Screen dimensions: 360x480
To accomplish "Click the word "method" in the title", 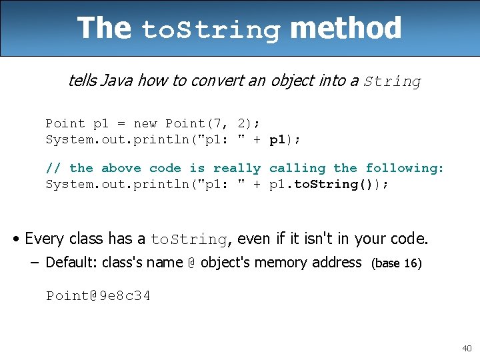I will [x=346, y=29].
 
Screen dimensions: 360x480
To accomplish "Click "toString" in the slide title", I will [x=211, y=31].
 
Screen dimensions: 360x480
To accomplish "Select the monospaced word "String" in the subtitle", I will [x=393, y=82].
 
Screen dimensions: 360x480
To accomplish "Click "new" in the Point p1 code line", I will [x=145, y=123].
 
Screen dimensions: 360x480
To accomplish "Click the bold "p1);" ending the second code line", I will [x=285, y=139].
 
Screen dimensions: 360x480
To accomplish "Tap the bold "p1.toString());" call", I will [x=329, y=184].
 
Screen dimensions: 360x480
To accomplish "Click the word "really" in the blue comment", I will [x=237, y=168].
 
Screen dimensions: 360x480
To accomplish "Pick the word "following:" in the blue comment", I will [x=405, y=168].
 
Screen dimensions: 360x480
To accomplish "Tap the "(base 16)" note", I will [x=396, y=263].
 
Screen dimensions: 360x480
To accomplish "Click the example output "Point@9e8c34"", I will [x=98, y=295].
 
